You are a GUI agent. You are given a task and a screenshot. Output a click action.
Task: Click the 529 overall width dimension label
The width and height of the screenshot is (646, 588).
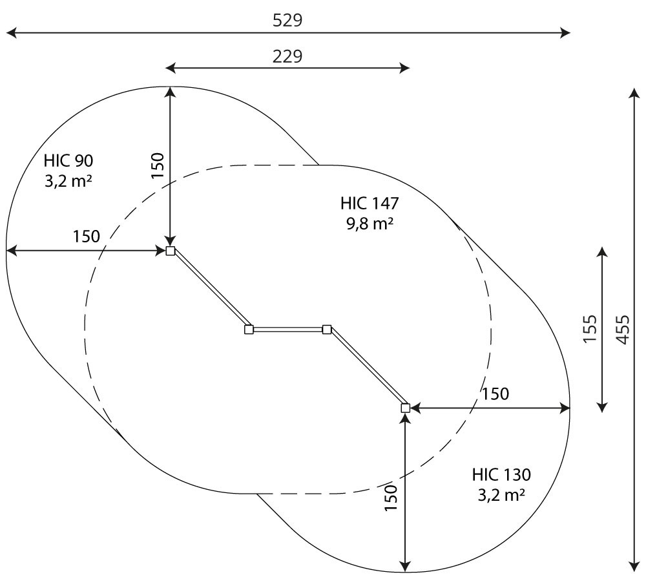point(287,20)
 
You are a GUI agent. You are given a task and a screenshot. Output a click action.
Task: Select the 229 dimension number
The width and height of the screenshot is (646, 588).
point(287,56)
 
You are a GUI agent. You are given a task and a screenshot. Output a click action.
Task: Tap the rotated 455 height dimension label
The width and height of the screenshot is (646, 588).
point(623,330)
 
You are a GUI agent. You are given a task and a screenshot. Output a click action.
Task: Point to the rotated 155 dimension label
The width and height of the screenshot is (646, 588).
point(590,328)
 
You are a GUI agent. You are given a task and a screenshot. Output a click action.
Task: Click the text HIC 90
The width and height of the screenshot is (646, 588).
point(68,161)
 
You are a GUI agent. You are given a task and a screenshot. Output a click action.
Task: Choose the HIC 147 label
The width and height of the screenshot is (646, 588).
point(370,203)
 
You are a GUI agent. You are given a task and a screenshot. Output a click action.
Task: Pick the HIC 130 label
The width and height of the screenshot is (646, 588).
point(501,475)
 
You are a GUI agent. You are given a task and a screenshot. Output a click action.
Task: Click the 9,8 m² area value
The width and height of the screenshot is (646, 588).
point(370,224)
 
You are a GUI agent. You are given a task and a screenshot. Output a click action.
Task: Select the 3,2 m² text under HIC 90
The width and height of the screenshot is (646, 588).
point(68,181)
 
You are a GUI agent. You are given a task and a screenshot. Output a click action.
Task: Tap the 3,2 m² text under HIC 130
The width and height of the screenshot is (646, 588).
point(501,495)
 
